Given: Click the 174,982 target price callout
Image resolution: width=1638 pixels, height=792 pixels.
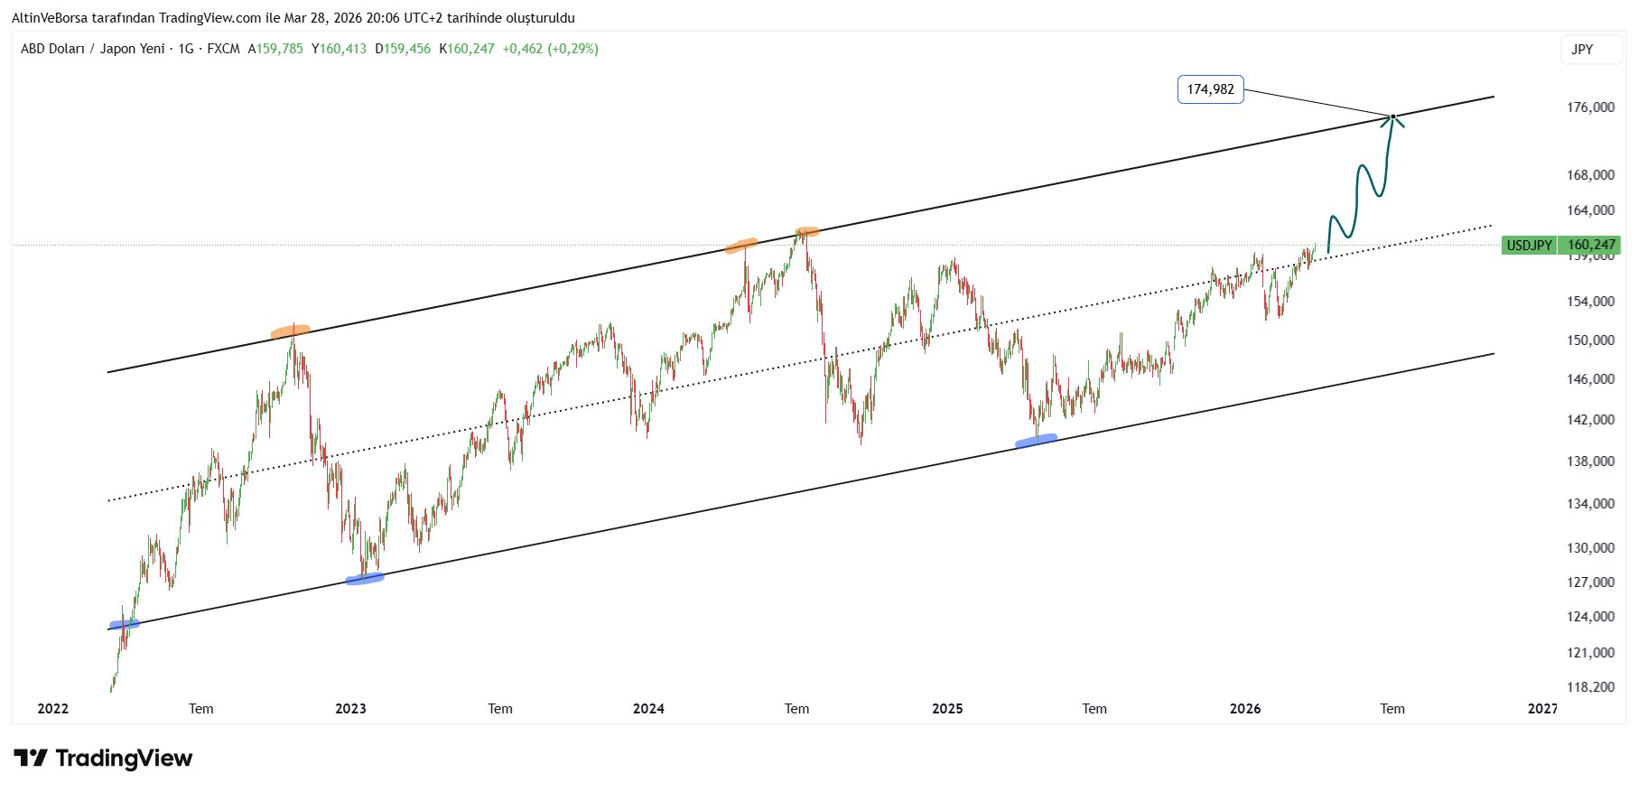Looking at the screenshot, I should click(x=1210, y=89).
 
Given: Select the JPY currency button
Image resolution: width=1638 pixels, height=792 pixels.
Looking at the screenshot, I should click(x=1582, y=50).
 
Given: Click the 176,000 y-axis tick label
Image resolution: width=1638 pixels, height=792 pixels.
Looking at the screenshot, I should click(x=1590, y=107).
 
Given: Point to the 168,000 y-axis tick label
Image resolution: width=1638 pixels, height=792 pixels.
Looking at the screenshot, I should click(x=1590, y=175).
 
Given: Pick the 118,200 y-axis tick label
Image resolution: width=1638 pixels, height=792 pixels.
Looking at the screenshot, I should click(x=1590, y=687).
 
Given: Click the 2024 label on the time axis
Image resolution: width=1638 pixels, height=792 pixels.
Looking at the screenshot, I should click(x=648, y=709).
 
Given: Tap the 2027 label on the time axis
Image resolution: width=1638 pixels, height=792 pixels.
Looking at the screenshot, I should click(x=1542, y=709).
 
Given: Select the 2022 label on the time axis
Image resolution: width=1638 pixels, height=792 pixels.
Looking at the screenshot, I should click(x=53, y=709).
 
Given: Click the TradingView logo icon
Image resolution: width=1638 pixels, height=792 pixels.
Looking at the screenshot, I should click(x=31, y=759).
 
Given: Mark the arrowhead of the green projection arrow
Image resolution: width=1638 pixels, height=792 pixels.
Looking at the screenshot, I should click(x=1392, y=118).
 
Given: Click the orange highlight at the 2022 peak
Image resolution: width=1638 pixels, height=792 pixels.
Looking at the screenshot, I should click(x=291, y=331).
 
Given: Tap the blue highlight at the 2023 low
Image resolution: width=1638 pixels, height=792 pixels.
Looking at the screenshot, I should click(x=365, y=579).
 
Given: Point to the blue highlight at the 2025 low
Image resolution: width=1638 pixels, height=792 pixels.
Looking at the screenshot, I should click(x=1036, y=441).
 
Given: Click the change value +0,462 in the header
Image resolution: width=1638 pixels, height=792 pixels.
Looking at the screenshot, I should click(x=523, y=49).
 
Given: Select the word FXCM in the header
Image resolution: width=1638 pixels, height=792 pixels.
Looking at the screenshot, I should click(x=223, y=49).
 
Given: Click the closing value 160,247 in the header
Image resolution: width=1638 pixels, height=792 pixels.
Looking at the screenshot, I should click(x=470, y=49).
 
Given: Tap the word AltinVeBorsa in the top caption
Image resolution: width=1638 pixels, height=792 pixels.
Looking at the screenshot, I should click(x=49, y=18).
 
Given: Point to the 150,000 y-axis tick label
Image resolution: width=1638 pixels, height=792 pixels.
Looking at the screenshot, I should click(x=1590, y=340).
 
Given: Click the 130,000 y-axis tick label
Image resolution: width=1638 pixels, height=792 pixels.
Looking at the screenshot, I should click(x=1590, y=548).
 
